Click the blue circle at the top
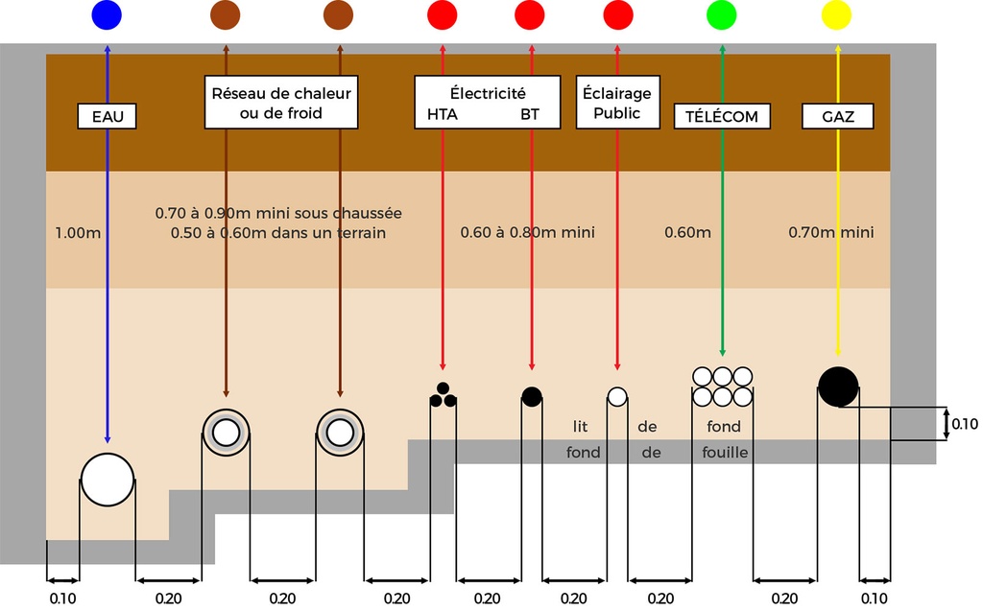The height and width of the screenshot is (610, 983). tap(107, 15)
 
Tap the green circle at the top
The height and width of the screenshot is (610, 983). tap(722, 15)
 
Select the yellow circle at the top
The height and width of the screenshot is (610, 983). tap(837, 15)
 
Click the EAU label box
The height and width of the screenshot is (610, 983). tap(108, 117)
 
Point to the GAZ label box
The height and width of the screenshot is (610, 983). tap(838, 117)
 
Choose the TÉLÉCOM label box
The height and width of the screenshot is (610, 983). tap(722, 117)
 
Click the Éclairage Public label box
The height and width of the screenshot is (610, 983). tap(616, 104)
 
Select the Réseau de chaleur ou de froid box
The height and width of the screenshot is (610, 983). tap(281, 104)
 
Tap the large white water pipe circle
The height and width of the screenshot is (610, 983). tap(107, 480)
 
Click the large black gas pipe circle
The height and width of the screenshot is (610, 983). tap(838, 387)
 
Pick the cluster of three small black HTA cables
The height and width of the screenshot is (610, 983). tap(443, 396)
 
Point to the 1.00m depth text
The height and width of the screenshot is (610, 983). tap(78, 233)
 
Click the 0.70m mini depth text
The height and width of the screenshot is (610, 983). tap(831, 233)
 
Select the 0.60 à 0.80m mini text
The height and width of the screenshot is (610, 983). tap(527, 233)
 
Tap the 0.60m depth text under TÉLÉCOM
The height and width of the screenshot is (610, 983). tap(687, 233)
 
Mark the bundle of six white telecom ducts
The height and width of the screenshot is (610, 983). tap(722, 387)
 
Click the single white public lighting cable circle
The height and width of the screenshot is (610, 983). tap(616, 396)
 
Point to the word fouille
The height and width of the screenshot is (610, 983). tap(725, 453)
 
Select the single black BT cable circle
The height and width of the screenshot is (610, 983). tap(531, 396)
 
